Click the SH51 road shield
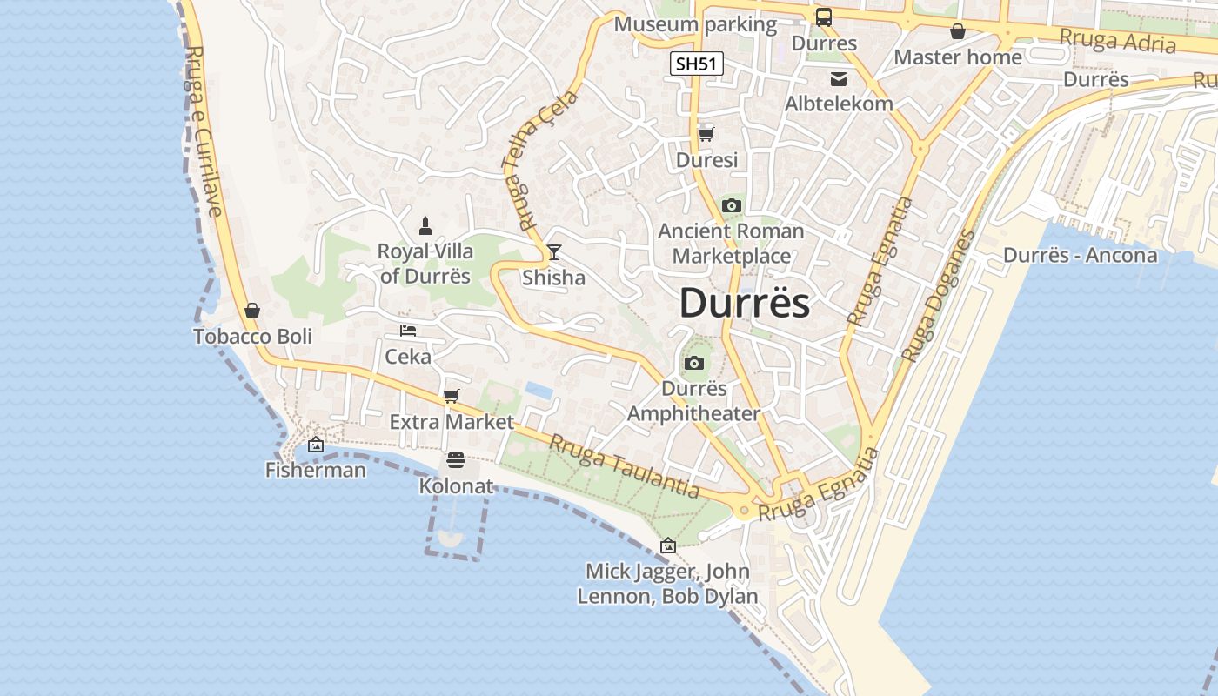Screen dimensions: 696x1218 (x=698, y=64)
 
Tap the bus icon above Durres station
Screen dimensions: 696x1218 (x=823, y=17)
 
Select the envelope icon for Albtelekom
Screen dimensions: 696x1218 (x=839, y=79)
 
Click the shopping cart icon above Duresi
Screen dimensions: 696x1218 (x=706, y=134)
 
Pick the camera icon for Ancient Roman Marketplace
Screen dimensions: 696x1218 (x=731, y=206)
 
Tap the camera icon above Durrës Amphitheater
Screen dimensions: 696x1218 (x=694, y=363)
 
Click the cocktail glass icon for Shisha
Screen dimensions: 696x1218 (x=554, y=252)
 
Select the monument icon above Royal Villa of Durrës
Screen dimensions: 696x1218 (x=425, y=226)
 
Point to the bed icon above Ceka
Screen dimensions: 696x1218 (x=408, y=331)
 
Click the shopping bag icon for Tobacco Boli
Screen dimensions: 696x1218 (x=252, y=311)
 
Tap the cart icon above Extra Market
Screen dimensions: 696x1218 (x=451, y=397)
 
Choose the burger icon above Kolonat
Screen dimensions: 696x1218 (x=456, y=460)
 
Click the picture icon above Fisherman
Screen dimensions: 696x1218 (x=316, y=445)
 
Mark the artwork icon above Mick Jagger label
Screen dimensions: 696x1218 (x=668, y=545)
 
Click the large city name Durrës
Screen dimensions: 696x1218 (x=745, y=304)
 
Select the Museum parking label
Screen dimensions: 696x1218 (x=695, y=24)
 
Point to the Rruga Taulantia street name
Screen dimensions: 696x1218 (x=624, y=466)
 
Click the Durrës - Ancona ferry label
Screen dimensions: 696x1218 (x=1081, y=255)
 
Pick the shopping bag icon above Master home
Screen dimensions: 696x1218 (x=958, y=31)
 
